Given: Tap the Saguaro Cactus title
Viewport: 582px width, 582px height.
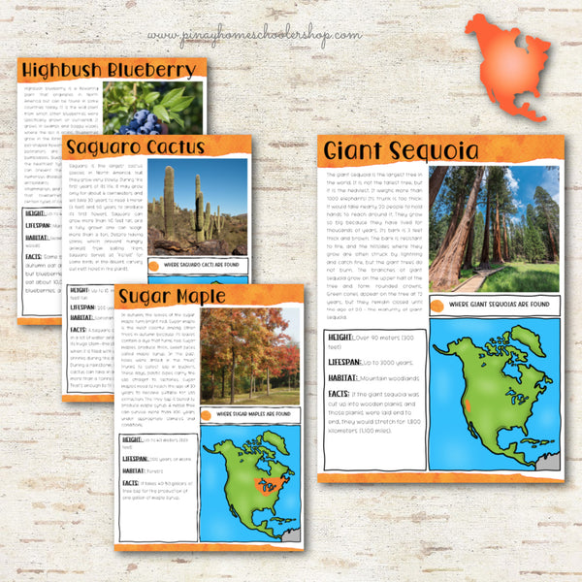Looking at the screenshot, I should (x=136, y=146).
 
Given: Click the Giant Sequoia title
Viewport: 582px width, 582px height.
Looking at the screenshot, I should (x=402, y=150).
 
